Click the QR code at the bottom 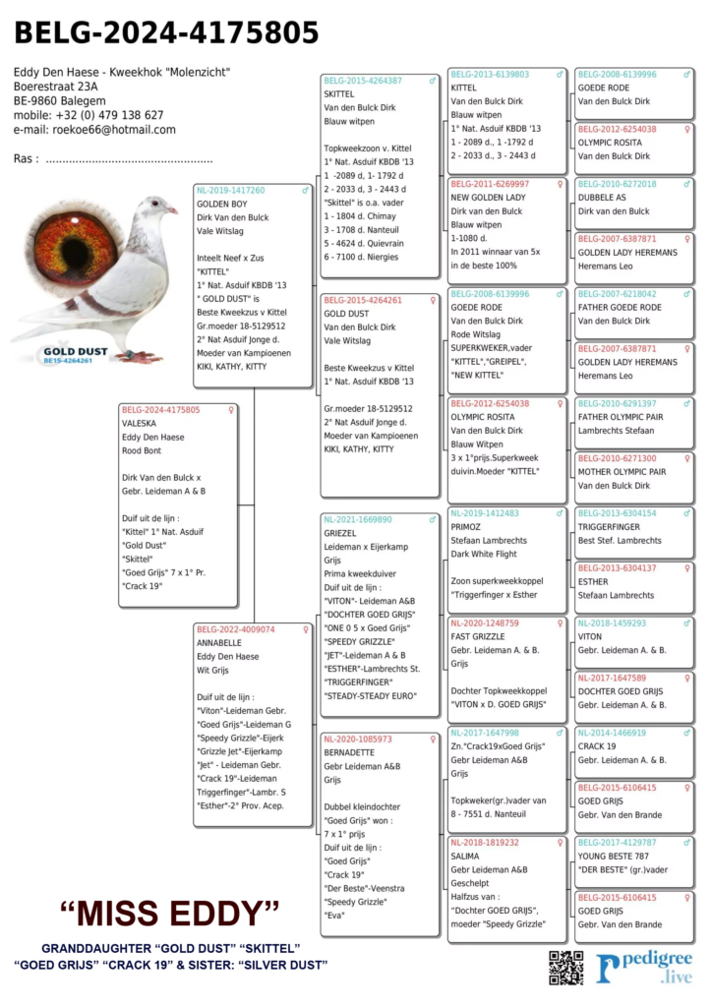pyautogui.click(x=565, y=967)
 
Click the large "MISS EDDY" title pyautogui.click(x=170, y=913)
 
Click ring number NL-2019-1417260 pyautogui.click(x=230, y=191)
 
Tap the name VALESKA pyautogui.click(x=141, y=423)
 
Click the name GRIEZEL pyautogui.click(x=340, y=533)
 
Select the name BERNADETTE pyautogui.click(x=349, y=752)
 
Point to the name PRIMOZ pyautogui.click(x=467, y=527)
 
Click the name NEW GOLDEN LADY pyautogui.click(x=488, y=198)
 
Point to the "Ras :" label pyautogui.click(x=27, y=159)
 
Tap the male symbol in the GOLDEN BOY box pyautogui.click(x=305, y=191)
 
